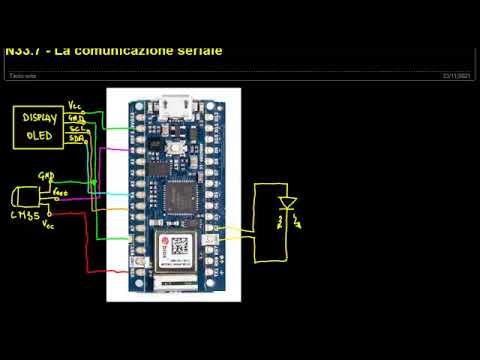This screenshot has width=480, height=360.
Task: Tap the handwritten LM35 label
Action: click(24, 216)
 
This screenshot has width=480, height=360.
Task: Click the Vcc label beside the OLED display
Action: click(76, 105)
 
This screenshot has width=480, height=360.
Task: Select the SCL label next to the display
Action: click(76, 129)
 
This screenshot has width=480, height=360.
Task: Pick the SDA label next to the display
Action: click(76, 140)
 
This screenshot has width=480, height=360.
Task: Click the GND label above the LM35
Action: click(45, 175)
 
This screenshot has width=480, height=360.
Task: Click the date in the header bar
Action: click(456, 75)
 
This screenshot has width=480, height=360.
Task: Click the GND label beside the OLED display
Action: click(75, 117)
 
